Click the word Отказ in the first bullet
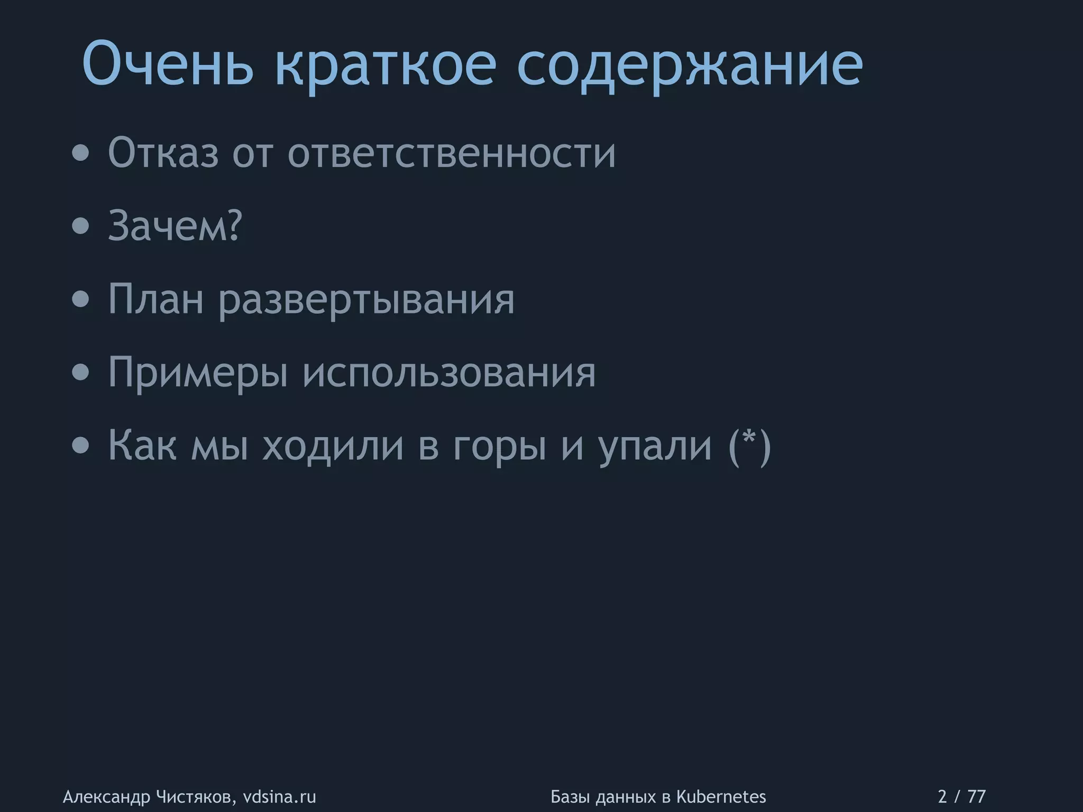coord(163,153)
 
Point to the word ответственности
coord(452,153)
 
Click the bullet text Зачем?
coord(175,226)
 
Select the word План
coord(155,299)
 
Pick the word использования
coord(449,372)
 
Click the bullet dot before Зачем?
coord(81,226)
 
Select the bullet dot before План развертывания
coord(81,300)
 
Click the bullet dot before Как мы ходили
coord(81,446)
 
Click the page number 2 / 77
coord(961,797)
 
